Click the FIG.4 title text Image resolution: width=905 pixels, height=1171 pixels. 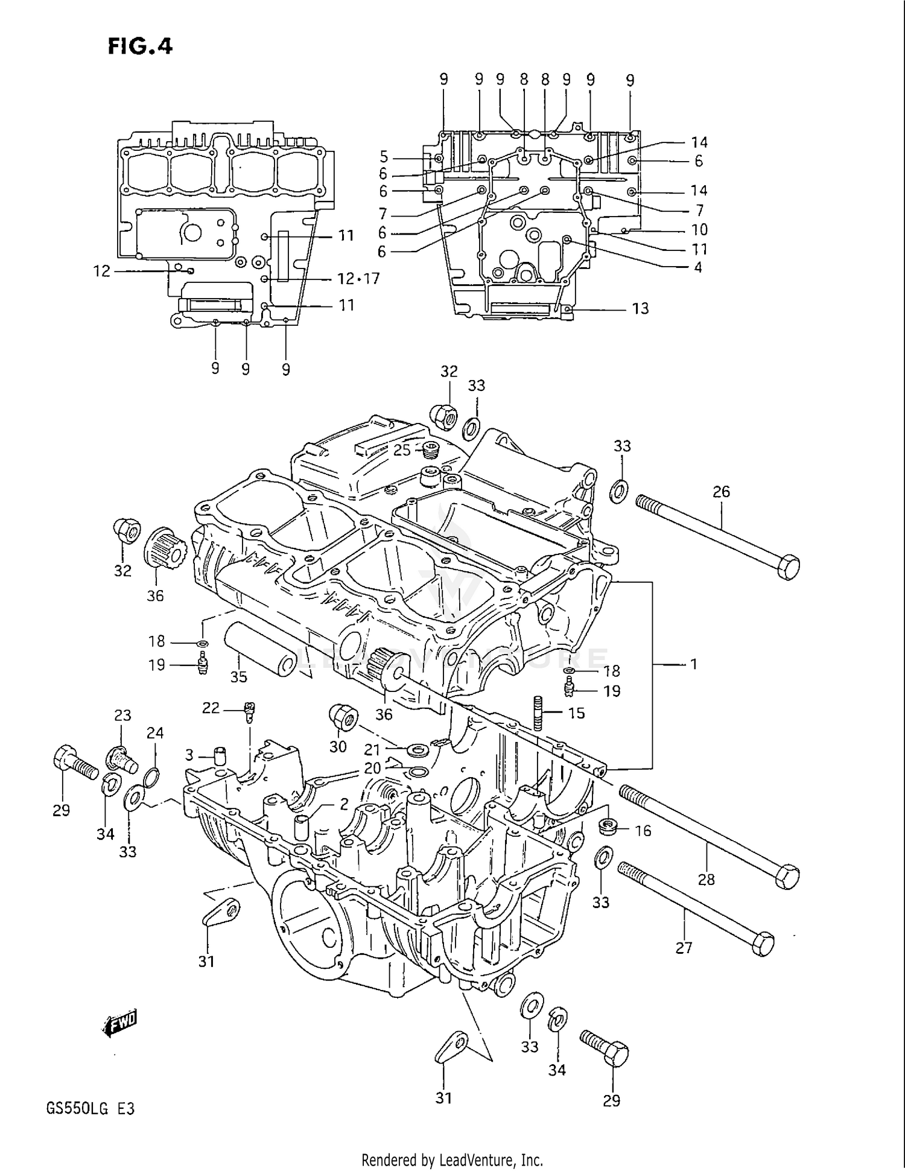point(140,46)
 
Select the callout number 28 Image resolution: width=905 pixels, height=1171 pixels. point(706,880)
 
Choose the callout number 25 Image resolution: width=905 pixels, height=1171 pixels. point(402,450)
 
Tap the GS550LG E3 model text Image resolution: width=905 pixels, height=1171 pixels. point(90,1109)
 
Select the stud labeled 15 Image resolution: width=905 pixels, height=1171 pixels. point(539,713)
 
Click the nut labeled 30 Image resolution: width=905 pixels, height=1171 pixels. point(343,717)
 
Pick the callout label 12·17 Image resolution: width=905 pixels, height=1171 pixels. point(358,279)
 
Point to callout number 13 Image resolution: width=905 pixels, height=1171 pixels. point(640,309)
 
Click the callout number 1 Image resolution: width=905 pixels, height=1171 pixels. point(693,664)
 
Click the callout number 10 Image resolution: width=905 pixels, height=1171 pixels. point(699,230)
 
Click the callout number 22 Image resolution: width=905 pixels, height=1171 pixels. point(211,708)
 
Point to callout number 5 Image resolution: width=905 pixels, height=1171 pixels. point(384,157)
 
